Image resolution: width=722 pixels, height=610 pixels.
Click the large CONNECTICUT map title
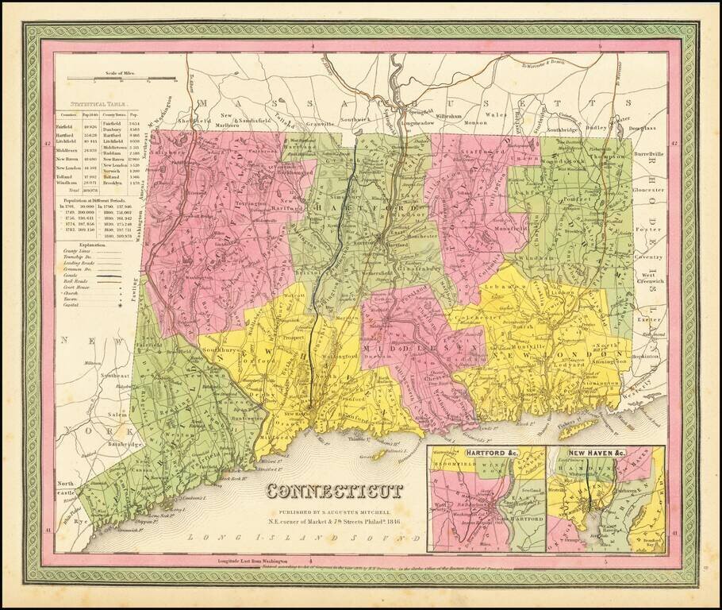click(333, 491)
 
